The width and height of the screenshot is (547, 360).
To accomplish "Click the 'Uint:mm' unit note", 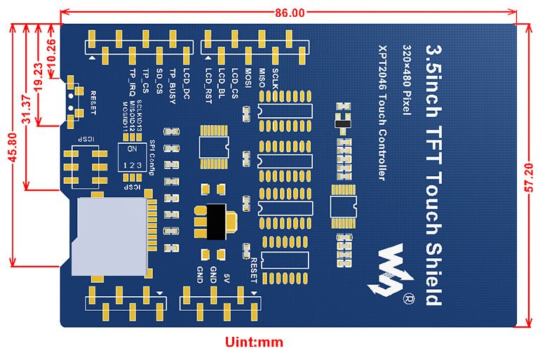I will tap(253, 342).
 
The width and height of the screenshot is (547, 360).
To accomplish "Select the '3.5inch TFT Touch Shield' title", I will tap(435, 175).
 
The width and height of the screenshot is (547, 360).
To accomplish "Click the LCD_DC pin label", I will tap(187, 83).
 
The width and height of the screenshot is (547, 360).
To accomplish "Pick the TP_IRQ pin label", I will tap(132, 84).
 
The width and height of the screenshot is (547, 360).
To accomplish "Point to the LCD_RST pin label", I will tap(208, 82).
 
